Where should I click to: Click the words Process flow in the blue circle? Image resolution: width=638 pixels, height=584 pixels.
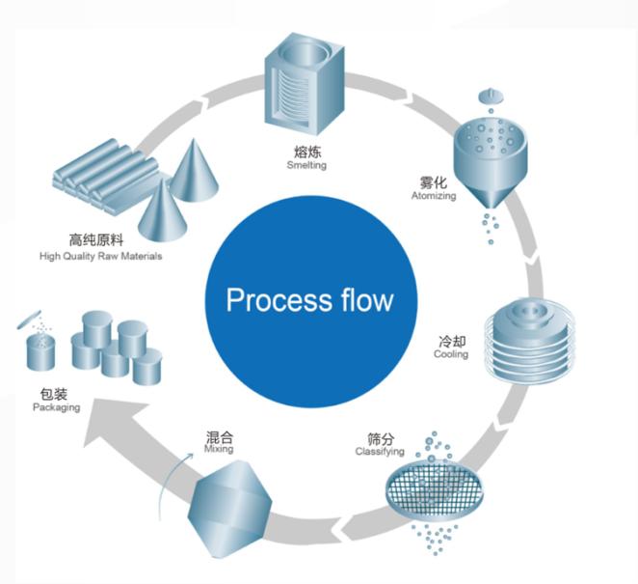pos(309,299)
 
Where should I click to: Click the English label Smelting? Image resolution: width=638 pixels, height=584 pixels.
pos(306,165)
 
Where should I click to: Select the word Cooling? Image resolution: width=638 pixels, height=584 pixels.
pos(451,354)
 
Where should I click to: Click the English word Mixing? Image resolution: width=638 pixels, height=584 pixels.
pos(220,450)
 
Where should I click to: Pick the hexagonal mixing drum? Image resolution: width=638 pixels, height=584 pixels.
pos(228,509)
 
